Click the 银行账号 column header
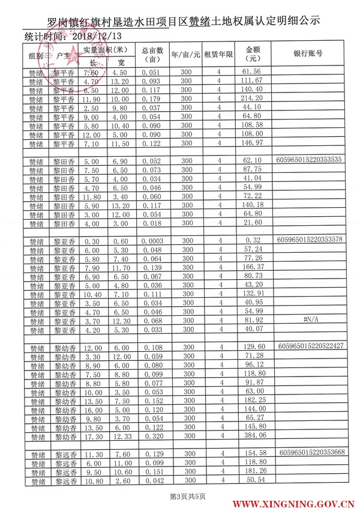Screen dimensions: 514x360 coord(308,53)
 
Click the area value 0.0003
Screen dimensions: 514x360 coord(153,241)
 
